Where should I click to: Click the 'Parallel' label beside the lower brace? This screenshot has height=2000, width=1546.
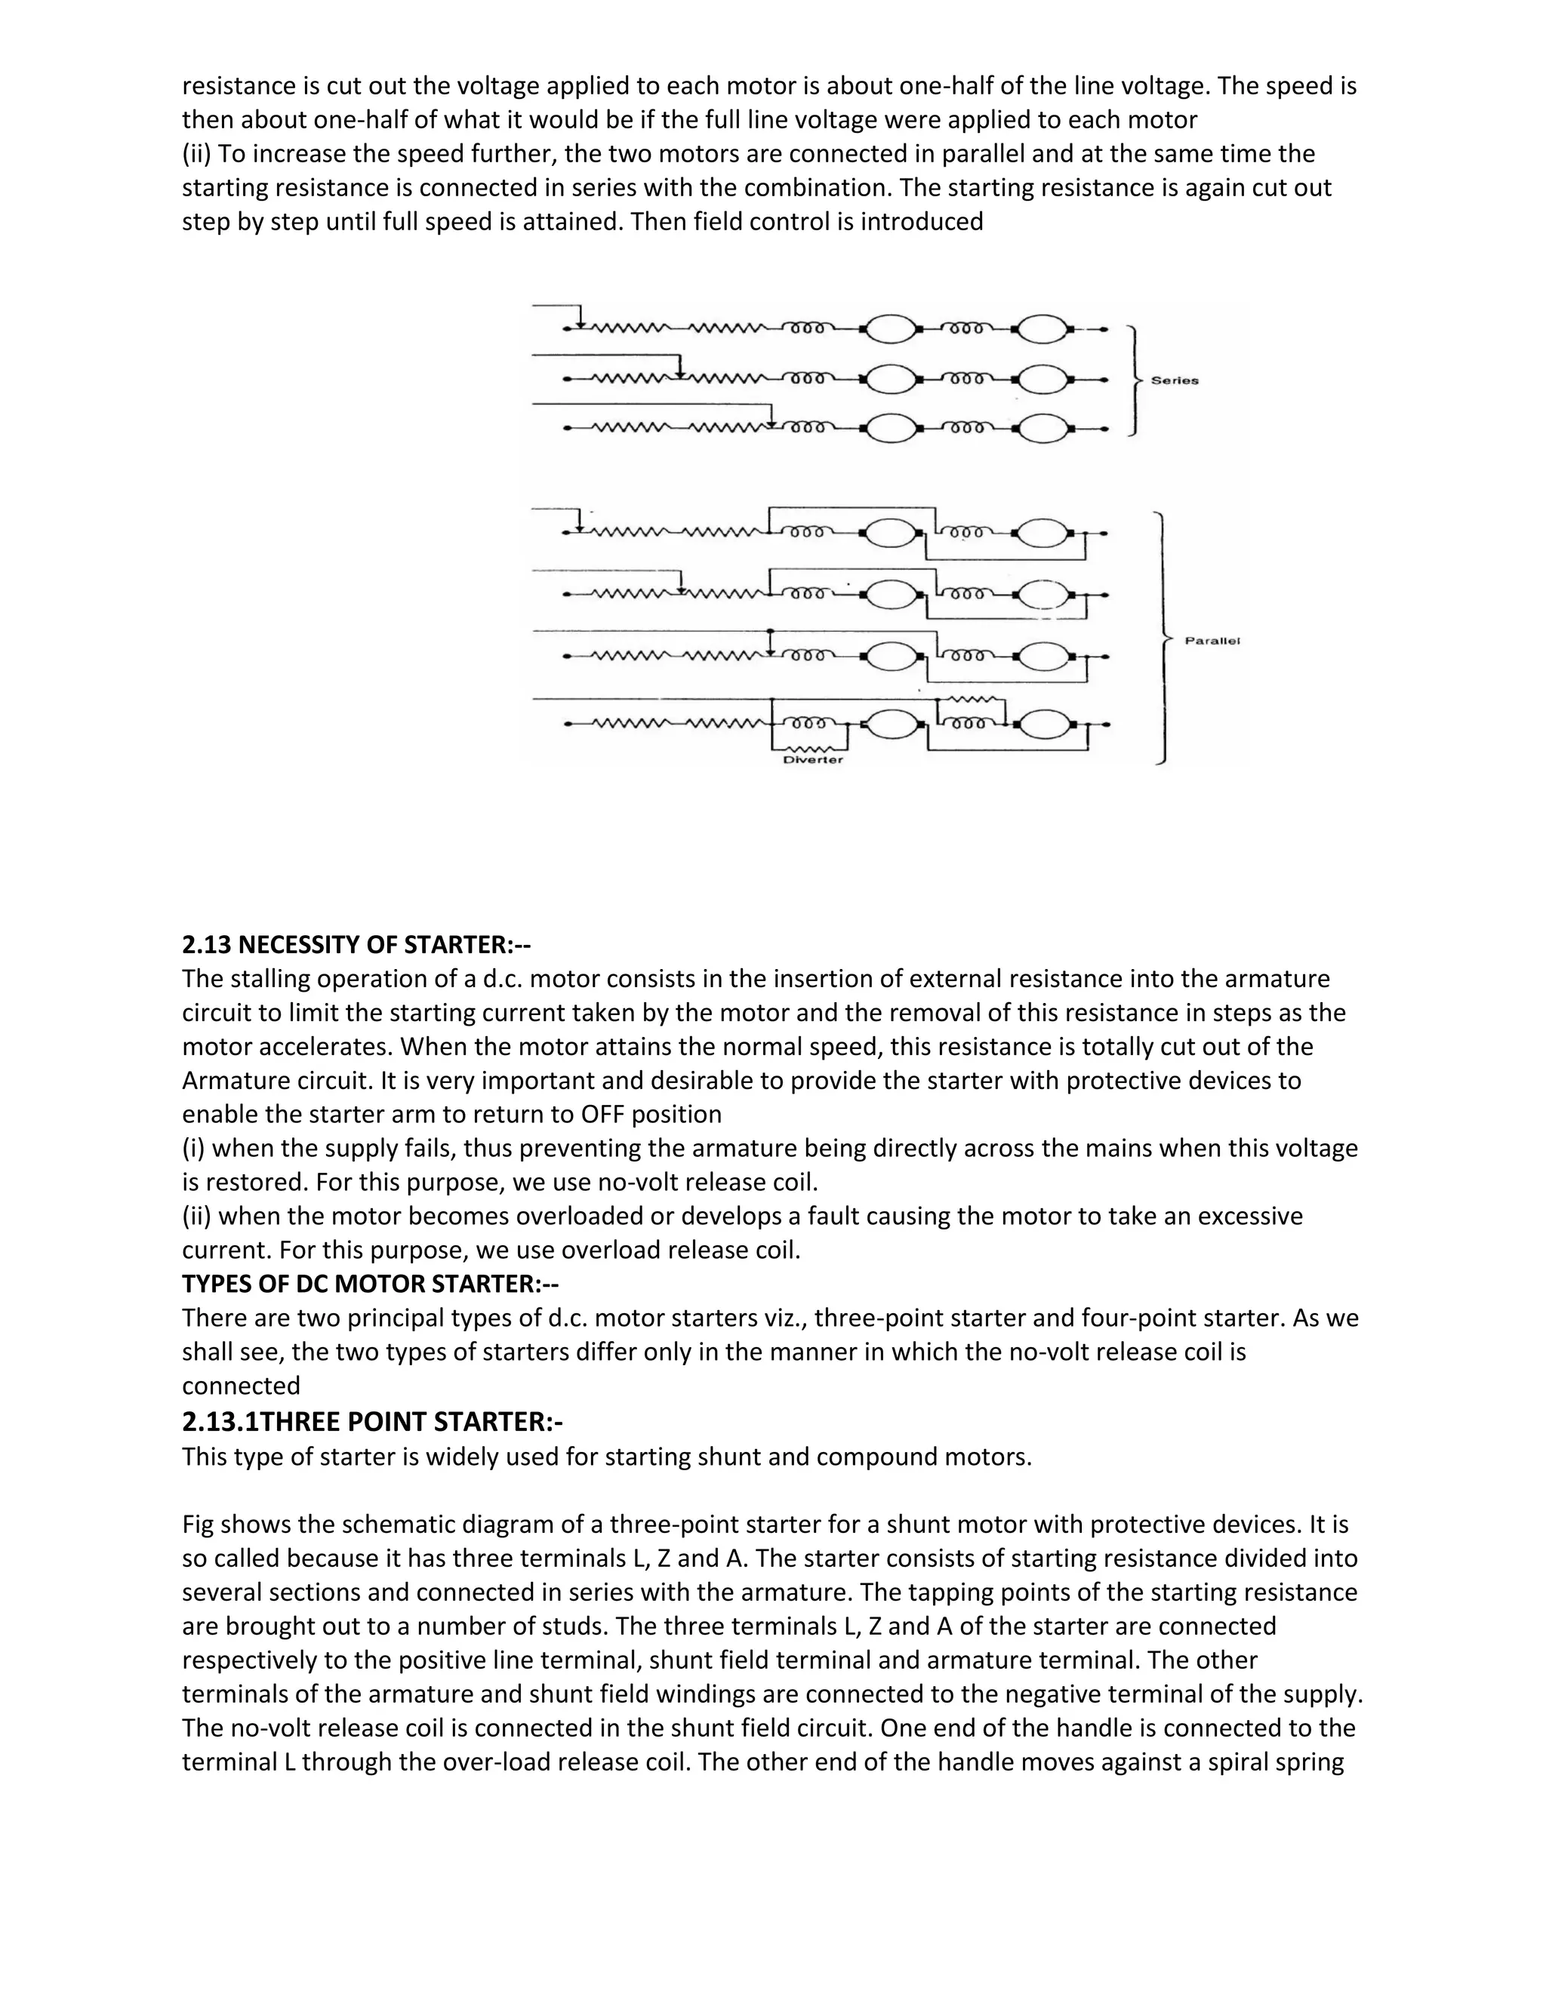pos(1212,641)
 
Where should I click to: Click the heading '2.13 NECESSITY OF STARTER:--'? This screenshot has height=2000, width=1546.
pos(356,944)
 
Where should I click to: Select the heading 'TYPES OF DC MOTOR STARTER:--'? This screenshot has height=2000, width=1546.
pos(370,1284)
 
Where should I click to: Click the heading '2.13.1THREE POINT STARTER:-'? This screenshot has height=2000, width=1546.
pos(372,1421)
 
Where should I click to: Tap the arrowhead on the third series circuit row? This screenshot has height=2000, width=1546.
pos(772,422)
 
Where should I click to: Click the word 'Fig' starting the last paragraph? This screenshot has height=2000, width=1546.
pos(199,1525)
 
